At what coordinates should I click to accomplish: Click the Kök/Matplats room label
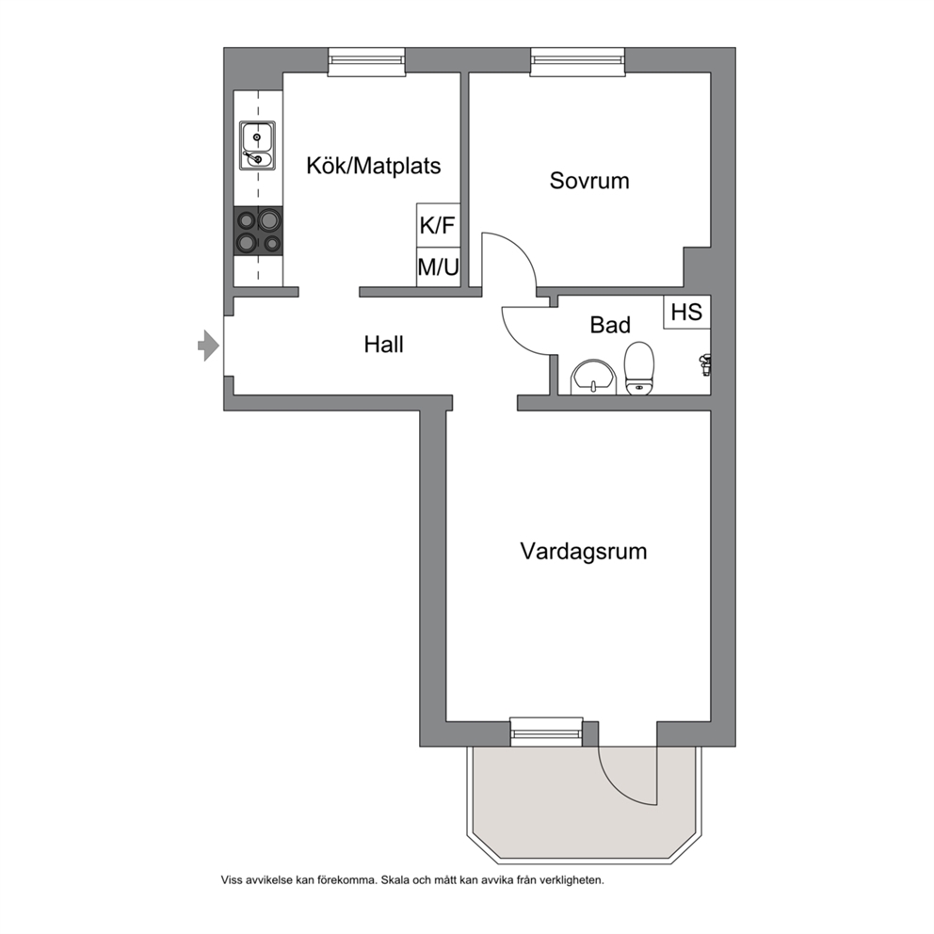tap(374, 166)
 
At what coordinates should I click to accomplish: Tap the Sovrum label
tap(589, 181)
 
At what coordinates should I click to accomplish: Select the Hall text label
tap(383, 345)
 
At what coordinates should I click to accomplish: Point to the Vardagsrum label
tap(584, 552)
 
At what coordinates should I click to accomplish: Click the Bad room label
tap(610, 325)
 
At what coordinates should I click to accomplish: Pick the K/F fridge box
tap(438, 225)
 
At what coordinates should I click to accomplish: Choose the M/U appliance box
tap(438, 266)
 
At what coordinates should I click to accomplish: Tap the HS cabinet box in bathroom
tap(686, 313)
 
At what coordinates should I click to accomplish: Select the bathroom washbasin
tap(593, 378)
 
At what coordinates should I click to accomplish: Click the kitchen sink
tap(257, 145)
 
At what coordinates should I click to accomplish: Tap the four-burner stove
tap(258, 231)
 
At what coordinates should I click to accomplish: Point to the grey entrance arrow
tap(208, 346)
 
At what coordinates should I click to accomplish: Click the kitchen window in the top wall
tap(366, 62)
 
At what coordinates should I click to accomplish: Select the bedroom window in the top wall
tap(578, 62)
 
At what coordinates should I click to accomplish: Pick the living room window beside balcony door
tap(546, 733)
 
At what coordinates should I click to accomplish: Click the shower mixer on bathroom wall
tap(705, 364)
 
